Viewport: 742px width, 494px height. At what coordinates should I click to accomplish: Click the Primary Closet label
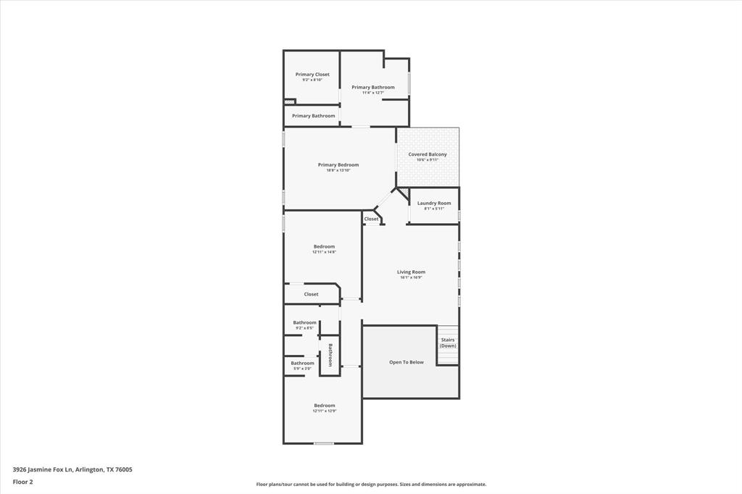point(312,75)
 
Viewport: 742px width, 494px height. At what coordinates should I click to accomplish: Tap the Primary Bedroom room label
point(338,165)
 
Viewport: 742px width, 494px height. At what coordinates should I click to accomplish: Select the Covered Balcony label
point(428,154)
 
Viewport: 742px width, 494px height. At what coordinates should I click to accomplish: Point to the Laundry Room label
point(434,204)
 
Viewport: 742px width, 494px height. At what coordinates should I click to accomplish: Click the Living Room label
point(411,272)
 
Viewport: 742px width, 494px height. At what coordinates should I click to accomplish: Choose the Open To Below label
point(407,362)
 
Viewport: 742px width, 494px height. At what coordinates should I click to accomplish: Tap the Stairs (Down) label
point(448,343)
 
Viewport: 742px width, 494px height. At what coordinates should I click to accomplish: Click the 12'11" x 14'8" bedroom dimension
point(324,252)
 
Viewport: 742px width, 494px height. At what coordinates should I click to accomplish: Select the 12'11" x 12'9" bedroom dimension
point(324,411)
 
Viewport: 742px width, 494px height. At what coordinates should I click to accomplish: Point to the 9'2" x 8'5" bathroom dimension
point(304,328)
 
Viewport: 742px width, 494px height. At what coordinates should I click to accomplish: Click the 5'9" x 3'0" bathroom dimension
point(302,369)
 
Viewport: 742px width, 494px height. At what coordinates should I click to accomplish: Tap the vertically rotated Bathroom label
point(330,355)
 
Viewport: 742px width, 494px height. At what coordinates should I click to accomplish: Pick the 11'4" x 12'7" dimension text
point(373,93)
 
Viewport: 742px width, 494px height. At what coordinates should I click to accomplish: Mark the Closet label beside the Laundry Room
point(372,219)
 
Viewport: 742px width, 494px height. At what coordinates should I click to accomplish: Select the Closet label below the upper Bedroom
point(311,294)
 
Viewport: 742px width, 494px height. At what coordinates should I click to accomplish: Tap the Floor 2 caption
point(23,481)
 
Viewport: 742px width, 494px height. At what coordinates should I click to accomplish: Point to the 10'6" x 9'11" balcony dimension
point(428,160)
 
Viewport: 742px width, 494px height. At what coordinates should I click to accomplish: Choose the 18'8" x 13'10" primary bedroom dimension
point(338,170)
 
